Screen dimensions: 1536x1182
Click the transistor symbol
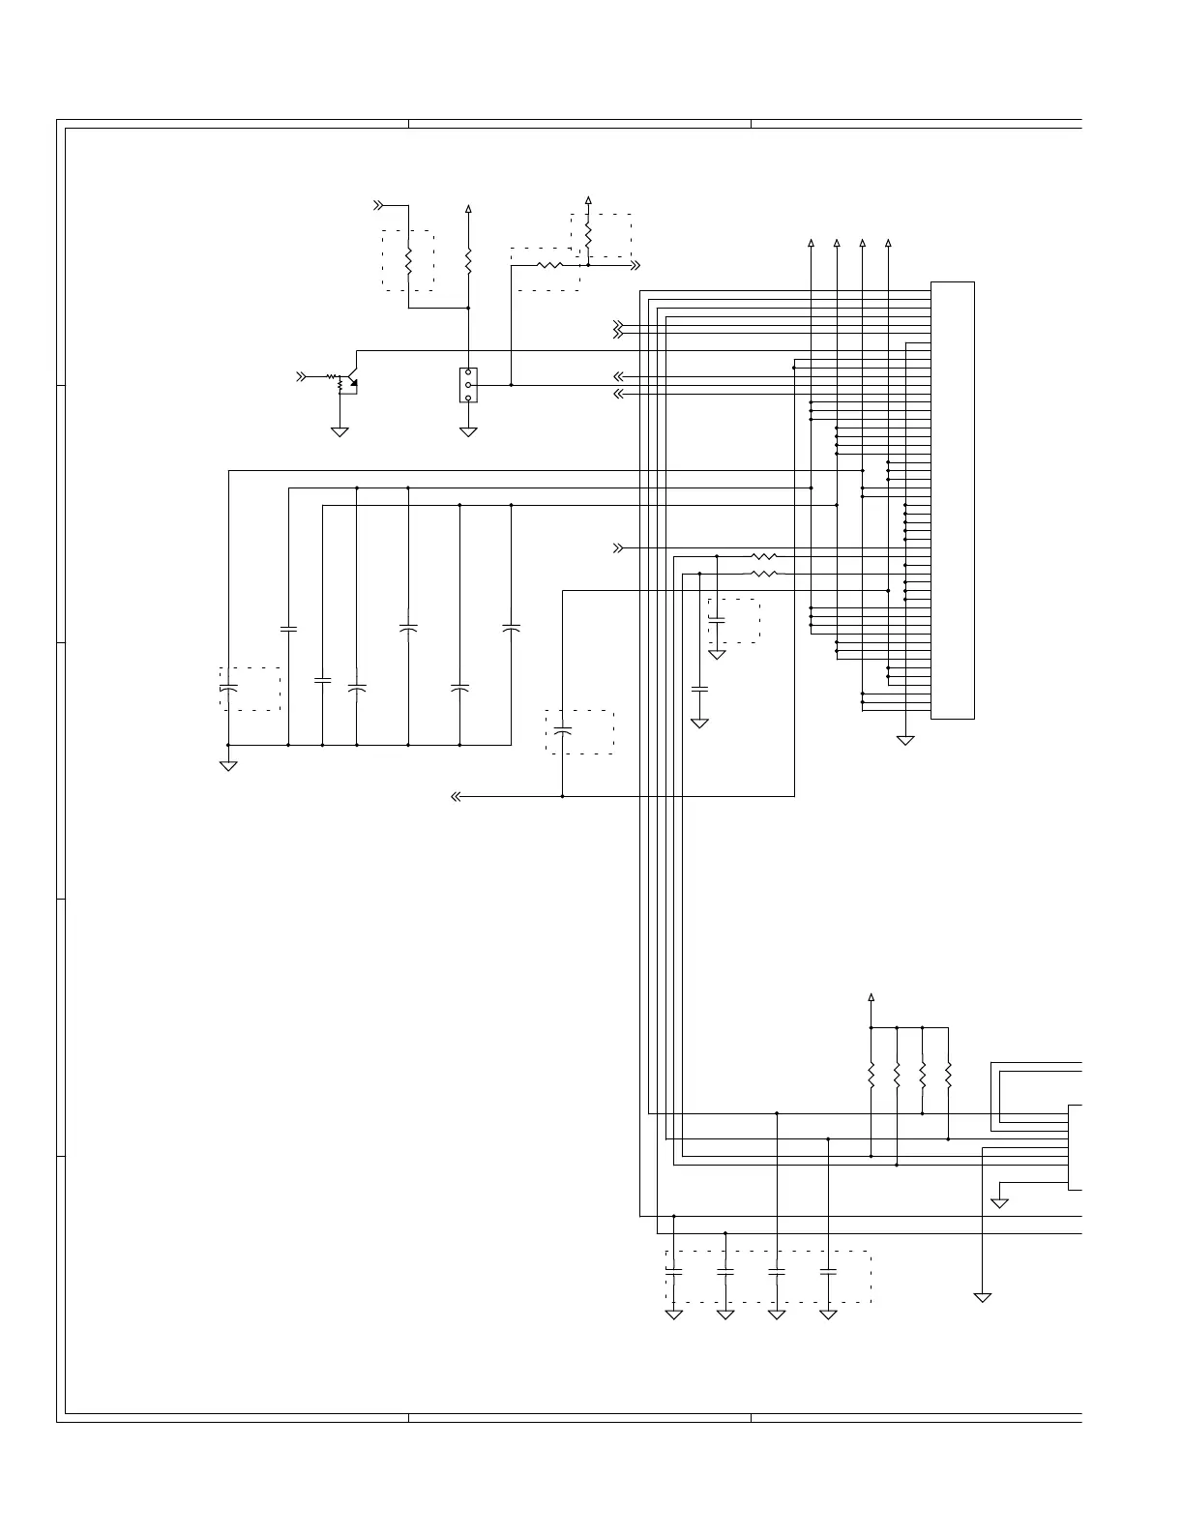point(353,382)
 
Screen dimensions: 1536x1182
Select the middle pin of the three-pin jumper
point(468,385)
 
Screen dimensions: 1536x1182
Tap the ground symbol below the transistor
point(340,431)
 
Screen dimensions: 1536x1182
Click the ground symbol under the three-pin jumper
point(468,431)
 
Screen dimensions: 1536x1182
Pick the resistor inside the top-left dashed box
point(408,260)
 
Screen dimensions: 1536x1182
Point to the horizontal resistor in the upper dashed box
point(548,265)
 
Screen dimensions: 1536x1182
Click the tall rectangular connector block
point(952,500)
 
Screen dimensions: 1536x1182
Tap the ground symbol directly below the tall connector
point(905,740)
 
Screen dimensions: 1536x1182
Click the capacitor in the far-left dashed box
point(228,688)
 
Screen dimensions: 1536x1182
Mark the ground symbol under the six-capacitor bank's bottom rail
point(228,766)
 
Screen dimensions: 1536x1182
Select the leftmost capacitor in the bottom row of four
point(674,1274)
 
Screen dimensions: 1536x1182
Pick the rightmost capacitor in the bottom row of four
point(828,1274)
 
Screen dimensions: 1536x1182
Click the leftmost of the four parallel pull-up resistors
point(872,1075)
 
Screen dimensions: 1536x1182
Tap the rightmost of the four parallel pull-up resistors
point(948,1075)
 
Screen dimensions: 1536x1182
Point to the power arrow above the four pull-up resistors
point(872,997)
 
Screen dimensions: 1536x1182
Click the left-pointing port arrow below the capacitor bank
point(456,797)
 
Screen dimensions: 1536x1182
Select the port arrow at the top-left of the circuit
point(379,205)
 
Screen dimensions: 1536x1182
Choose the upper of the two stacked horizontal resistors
point(764,557)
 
